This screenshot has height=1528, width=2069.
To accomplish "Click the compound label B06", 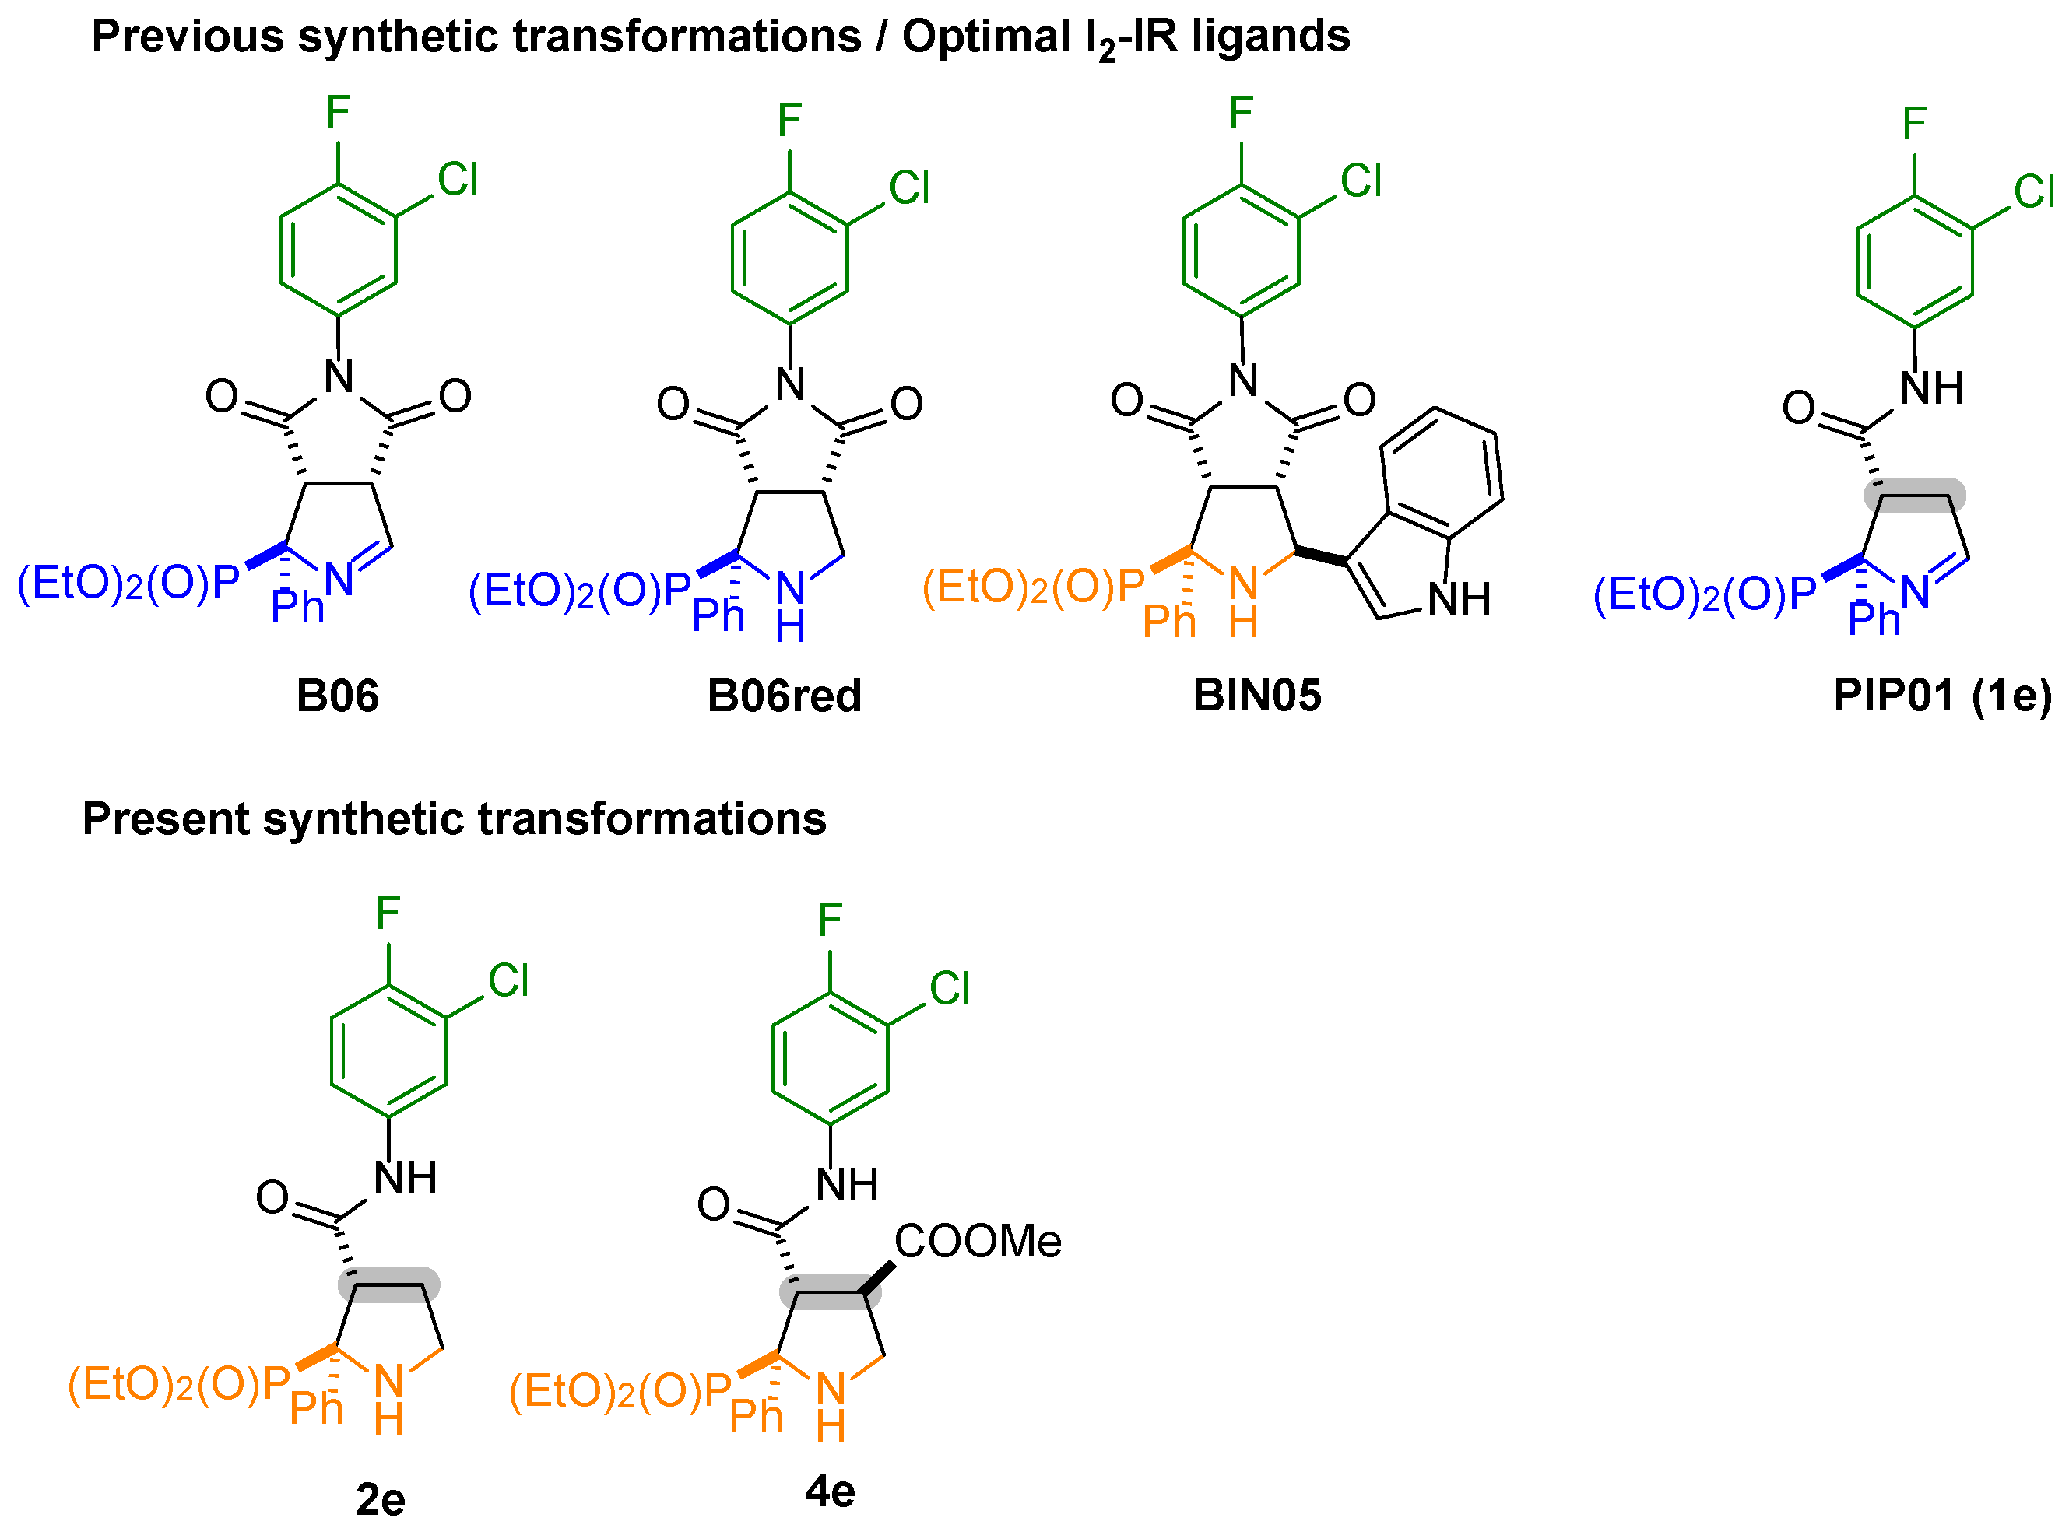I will [337, 696].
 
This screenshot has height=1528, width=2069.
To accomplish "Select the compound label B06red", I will [784, 696].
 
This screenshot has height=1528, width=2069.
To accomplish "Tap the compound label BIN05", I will [1256, 696].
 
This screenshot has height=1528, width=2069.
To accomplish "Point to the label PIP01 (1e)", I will [1942, 696].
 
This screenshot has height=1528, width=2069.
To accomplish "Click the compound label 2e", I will [381, 1499].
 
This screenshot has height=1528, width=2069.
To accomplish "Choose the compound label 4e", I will [830, 1491].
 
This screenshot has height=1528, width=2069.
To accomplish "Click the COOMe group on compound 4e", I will [977, 1241].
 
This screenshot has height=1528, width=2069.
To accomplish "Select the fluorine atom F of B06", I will [338, 113].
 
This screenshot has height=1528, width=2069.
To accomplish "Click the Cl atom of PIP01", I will [2034, 192].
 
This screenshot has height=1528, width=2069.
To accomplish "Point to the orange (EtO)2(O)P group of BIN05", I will [1034, 587].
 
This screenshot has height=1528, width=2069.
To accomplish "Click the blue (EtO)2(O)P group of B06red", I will [580, 591].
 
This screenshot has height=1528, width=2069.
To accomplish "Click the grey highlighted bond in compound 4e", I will [830, 1292].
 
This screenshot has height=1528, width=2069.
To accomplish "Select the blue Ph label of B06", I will [297, 608].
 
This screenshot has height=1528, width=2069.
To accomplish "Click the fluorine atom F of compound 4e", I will [830, 920].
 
